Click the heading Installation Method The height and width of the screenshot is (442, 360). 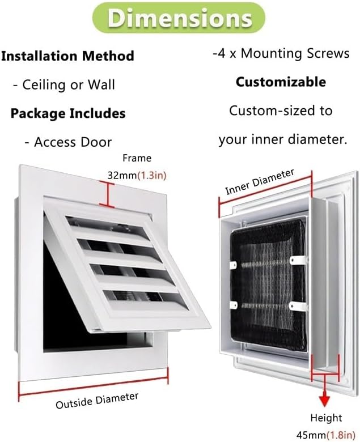point(67,56)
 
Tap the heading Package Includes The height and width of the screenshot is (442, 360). point(67,113)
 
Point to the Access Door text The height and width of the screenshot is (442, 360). point(68,142)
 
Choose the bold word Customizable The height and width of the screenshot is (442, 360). point(281,82)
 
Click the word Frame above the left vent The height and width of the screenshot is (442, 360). point(137,158)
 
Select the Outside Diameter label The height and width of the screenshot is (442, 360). point(97,400)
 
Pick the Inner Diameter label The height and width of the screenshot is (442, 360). point(260,181)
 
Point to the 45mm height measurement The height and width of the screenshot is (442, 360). point(311,435)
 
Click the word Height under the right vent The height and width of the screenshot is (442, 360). point(326,418)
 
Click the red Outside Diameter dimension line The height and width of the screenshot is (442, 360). point(94,382)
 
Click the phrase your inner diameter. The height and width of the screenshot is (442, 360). point(282,139)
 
